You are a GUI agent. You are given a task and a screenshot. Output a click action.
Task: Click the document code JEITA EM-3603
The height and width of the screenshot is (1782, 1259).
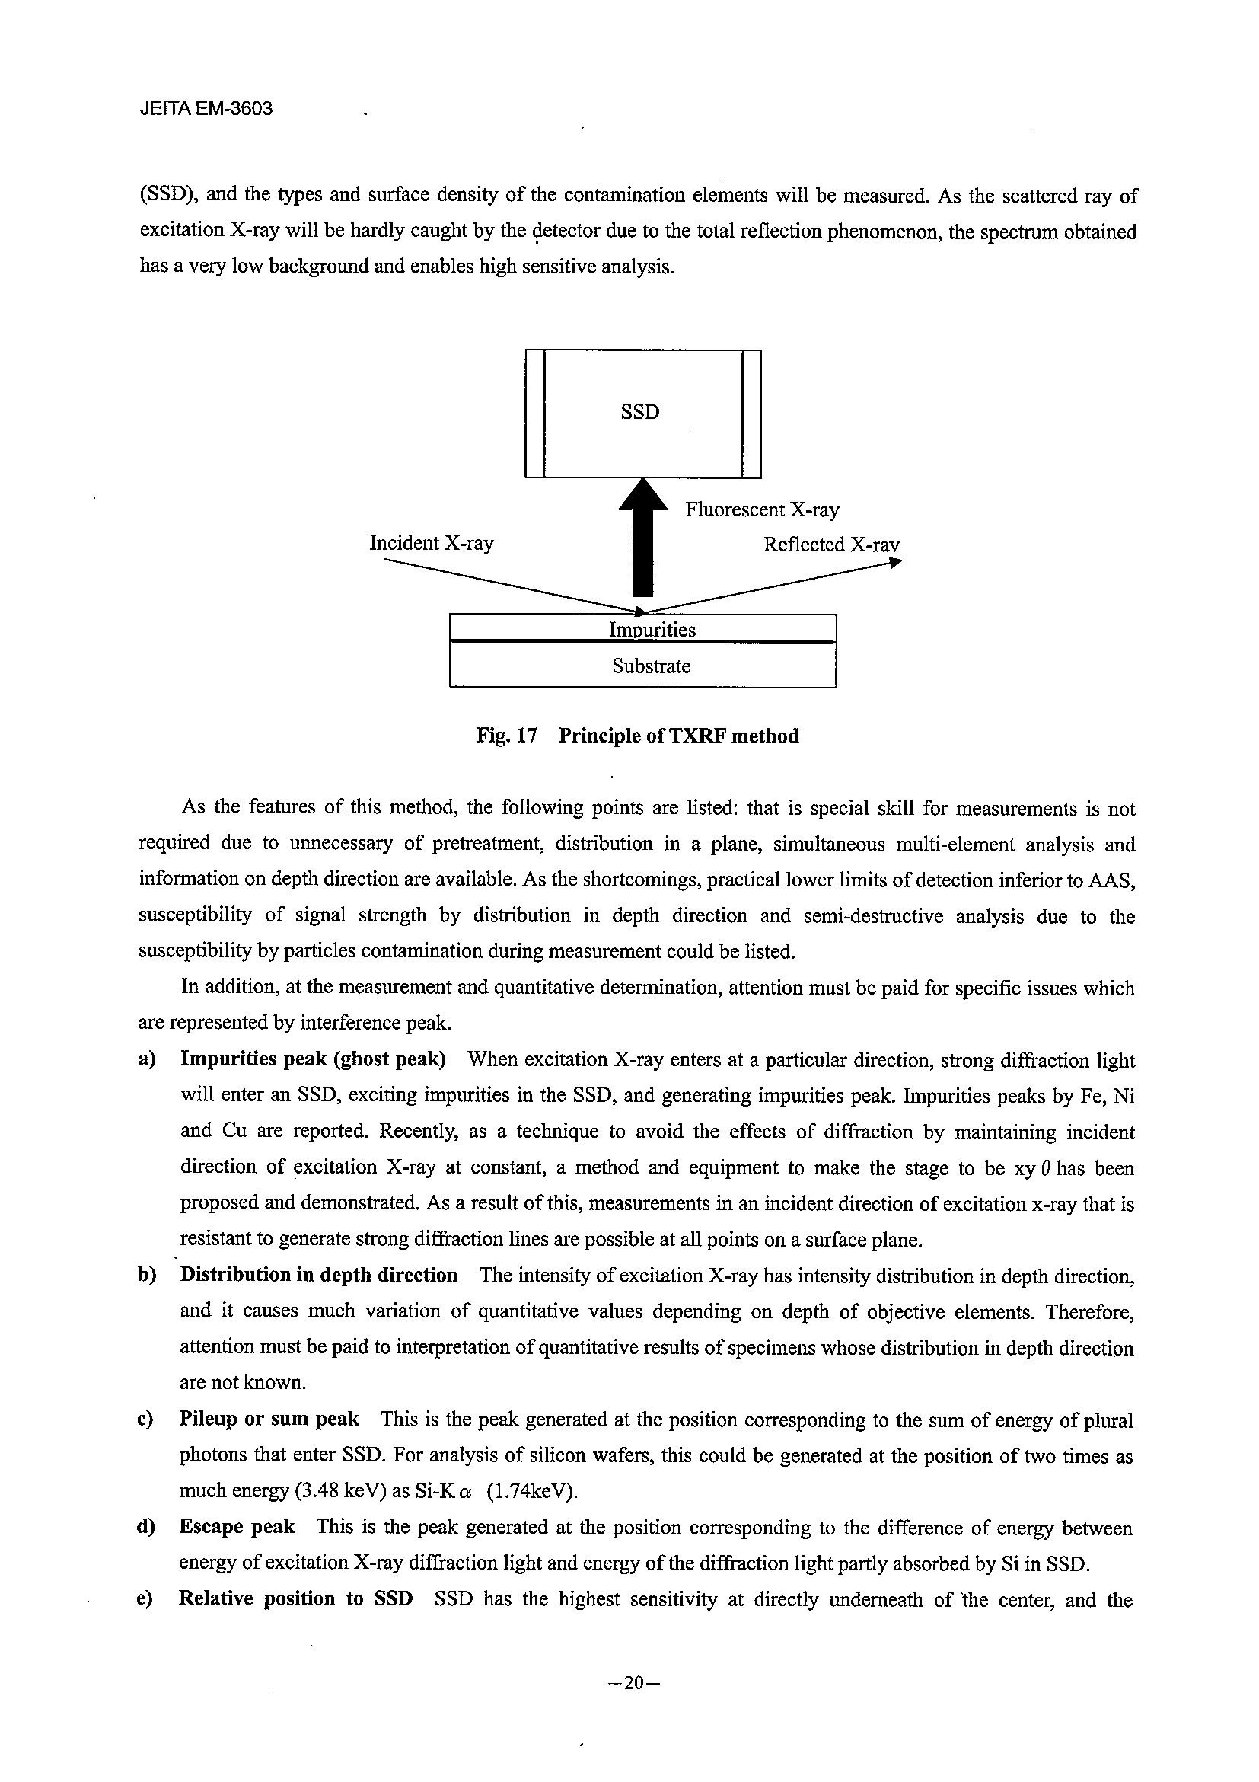(206, 109)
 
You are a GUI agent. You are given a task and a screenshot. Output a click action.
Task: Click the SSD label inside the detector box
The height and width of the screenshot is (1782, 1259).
(640, 412)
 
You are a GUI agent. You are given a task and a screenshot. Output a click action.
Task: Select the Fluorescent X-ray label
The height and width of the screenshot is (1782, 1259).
(762, 510)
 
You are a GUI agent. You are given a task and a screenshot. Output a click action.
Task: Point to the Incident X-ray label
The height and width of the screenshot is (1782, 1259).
(432, 542)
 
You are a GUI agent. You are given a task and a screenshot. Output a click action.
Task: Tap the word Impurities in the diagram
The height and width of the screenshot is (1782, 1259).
(652, 630)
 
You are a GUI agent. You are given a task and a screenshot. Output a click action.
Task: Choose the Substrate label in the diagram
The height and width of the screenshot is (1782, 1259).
(651, 666)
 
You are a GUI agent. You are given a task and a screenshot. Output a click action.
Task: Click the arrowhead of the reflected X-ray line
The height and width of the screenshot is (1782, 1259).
(896, 564)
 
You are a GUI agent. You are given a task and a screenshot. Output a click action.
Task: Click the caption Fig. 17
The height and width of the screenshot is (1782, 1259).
(506, 736)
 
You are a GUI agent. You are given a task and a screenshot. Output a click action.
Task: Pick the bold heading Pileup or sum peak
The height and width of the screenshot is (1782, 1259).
(269, 1419)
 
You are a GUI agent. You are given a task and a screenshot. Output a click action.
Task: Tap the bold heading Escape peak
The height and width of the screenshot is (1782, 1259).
(237, 1527)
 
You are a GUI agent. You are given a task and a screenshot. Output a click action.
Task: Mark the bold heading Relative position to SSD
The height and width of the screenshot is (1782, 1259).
(295, 1598)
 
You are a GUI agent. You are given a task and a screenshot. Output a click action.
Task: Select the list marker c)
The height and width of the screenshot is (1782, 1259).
(147, 1420)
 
